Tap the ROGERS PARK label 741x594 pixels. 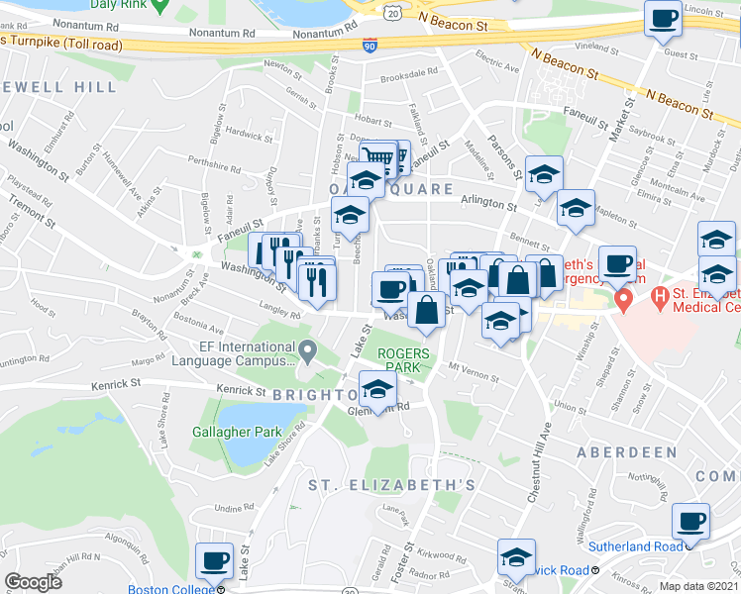(x=404, y=360)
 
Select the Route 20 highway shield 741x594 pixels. (x=393, y=11)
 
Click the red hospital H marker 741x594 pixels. (x=623, y=299)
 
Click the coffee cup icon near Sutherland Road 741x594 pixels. (x=690, y=521)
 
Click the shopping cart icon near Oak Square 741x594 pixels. (x=377, y=157)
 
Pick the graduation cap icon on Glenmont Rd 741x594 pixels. (x=376, y=389)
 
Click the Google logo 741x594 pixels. (x=33, y=582)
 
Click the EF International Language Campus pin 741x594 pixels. (x=308, y=350)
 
